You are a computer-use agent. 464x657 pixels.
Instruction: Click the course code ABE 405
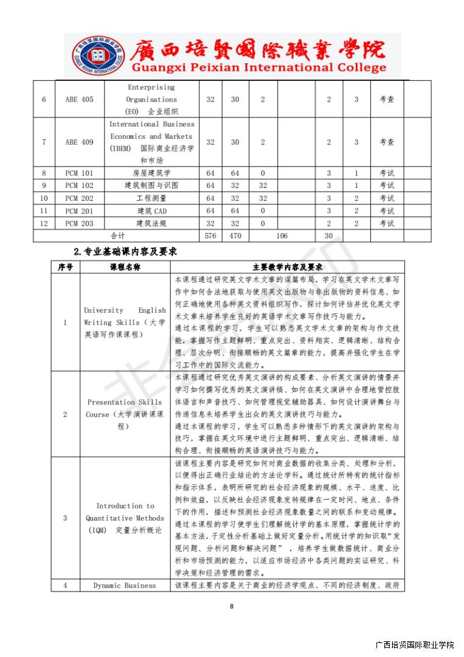(x=79, y=99)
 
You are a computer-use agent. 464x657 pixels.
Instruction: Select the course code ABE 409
(x=79, y=142)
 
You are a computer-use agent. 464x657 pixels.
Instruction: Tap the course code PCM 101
(x=79, y=173)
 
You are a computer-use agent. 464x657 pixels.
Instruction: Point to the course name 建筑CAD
(x=151, y=211)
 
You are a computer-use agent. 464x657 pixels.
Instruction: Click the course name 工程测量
(x=151, y=198)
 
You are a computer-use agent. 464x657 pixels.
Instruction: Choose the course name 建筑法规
(x=151, y=223)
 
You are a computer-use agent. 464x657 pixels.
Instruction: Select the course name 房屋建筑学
(x=151, y=173)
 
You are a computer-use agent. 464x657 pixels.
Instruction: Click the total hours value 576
(x=210, y=235)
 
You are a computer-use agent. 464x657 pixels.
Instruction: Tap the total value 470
(x=235, y=235)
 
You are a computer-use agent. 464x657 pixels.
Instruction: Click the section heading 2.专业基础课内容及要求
(x=125, y=251)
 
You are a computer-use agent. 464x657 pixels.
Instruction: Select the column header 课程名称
(x=125, y=267)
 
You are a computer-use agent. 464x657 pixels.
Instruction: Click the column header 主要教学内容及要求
(x=287, y=267)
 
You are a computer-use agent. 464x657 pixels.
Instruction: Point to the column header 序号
(x=65, y=267)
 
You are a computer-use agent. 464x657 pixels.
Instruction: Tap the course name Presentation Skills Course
(x=124, y=414)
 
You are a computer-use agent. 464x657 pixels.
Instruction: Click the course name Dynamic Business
(x=124, y=586)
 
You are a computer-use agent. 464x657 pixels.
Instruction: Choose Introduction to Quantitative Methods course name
(x=124, y=518)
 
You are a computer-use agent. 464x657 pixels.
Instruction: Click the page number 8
(x=232, y=606)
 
